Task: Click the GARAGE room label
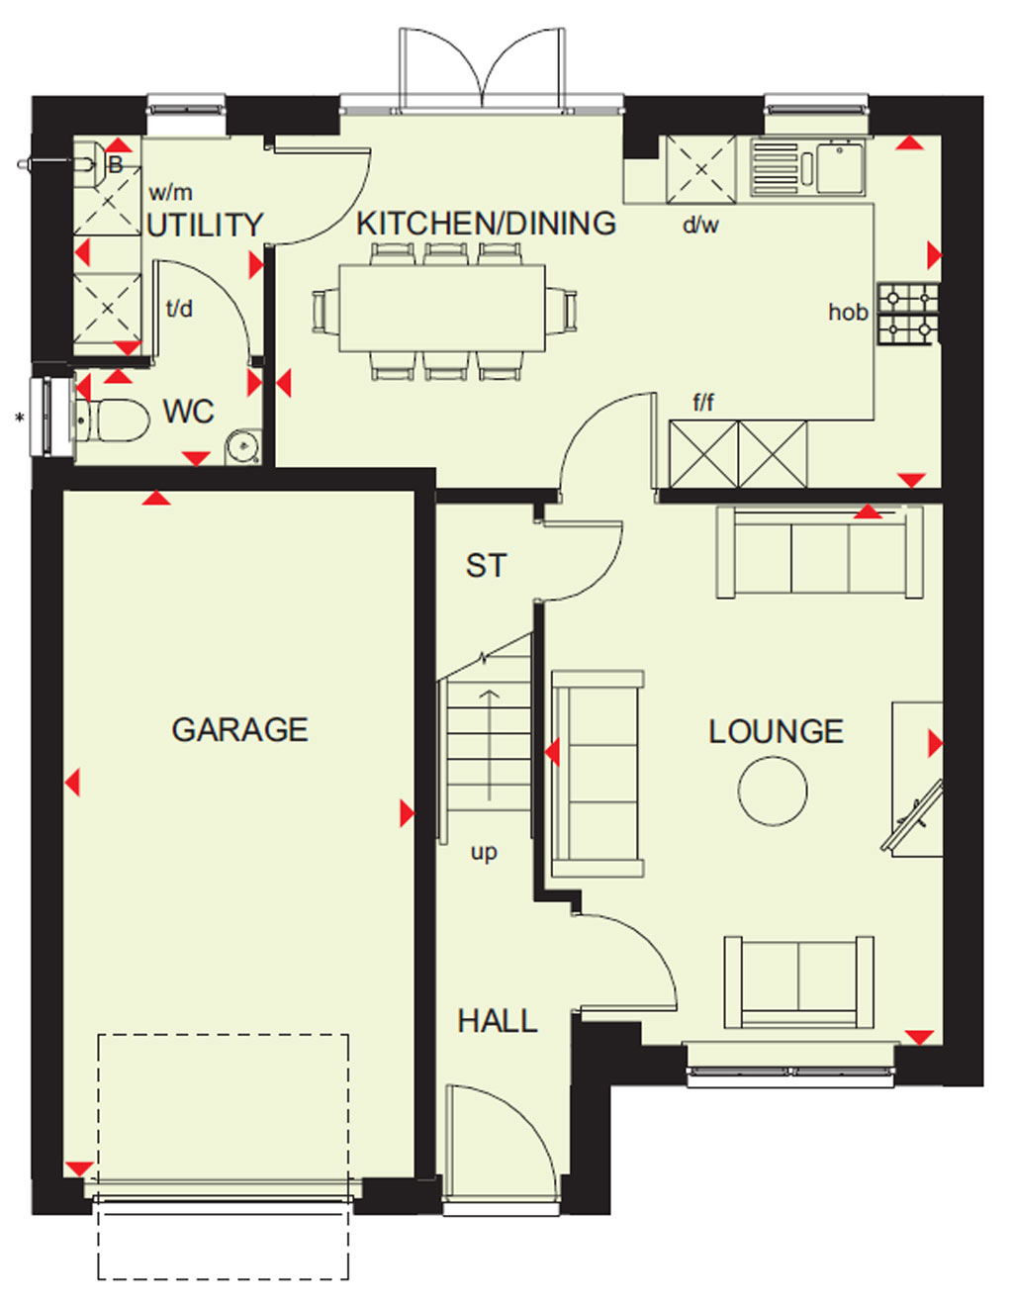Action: coord(239,729)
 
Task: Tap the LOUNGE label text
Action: coord(777,731)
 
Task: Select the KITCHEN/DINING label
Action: coord(486,223)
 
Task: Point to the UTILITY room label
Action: coord(205,225)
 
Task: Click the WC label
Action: coord(189,412)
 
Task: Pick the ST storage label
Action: coord(486,566)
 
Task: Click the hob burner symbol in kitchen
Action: coord(908,314)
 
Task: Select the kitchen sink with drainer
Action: coord(807,166)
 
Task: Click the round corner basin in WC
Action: coord(243,446)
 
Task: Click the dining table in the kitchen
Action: coord(442,308)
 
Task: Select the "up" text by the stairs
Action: coord(485,852)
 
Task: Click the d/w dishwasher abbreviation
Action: coord(700,225)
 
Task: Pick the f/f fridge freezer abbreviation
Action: coord(704,402)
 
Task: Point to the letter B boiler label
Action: coord(115,164)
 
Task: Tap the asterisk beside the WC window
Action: coord(20,418)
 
